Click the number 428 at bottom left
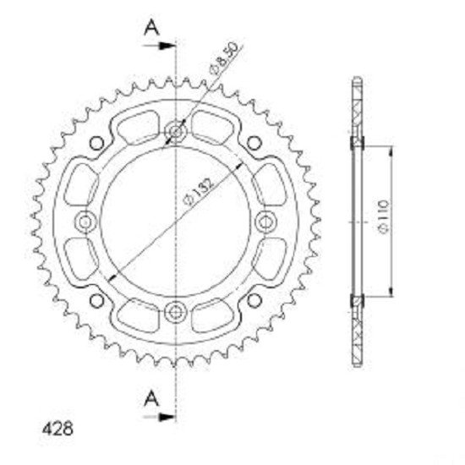57,429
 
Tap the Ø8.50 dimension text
224,57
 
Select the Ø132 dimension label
199,192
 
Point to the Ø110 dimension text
384,216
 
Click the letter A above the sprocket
151,28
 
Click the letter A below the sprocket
151,398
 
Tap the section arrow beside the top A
159,46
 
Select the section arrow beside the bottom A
159,417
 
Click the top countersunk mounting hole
176,131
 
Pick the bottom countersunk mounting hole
176,312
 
